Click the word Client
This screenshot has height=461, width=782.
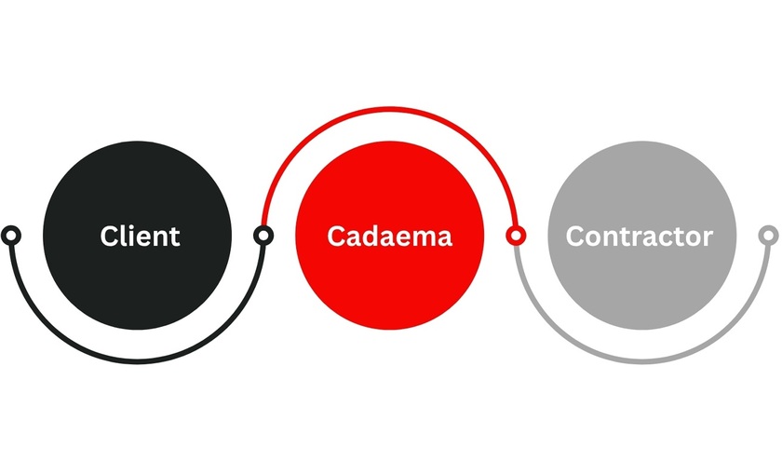point(140,236)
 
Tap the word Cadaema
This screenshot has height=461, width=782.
point(389,236)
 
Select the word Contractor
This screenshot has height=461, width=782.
point(640,236)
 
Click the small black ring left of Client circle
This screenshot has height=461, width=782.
point(11,235)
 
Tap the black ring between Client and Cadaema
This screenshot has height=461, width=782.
point(263,235)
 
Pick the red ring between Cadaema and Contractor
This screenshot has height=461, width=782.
point(516,235)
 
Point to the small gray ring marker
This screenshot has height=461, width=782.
point(769,235)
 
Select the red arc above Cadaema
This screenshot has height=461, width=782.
point(389,109)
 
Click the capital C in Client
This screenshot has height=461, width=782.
point(109,236)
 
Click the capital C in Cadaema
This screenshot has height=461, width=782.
point(336,236)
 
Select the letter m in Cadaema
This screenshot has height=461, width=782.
point(425,239)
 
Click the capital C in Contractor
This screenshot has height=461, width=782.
point(574,236)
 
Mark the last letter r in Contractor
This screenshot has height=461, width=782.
point(708,239)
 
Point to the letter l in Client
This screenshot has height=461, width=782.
point(123,236)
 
